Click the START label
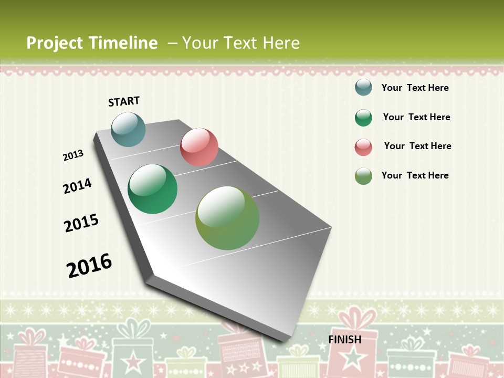[x=124, y=101]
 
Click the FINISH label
[x=345, y=340]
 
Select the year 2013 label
[x=73, y=155]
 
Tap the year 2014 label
[x=78, y=186]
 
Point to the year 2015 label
[x=81, y=223]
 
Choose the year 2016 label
[x=89, y=265]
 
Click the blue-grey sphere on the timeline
[x=129, y=129]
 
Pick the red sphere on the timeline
[x=199, y=147]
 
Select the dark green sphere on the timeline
[x=153, y=189]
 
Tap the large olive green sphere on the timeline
[x=227, y=218]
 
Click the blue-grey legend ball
[x=363, y=87]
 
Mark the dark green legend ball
[x=363, y=118]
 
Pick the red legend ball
[x=363, y=147]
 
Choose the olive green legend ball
[x=363, y=176]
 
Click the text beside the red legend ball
[x=417, y=146]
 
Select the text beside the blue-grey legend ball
[x=415, y=88]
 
